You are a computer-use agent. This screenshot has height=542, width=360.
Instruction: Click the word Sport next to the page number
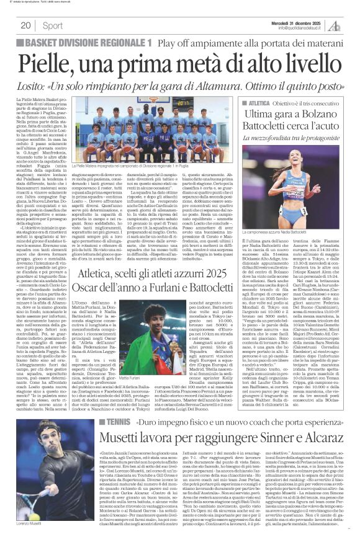[x=53, y=25]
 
